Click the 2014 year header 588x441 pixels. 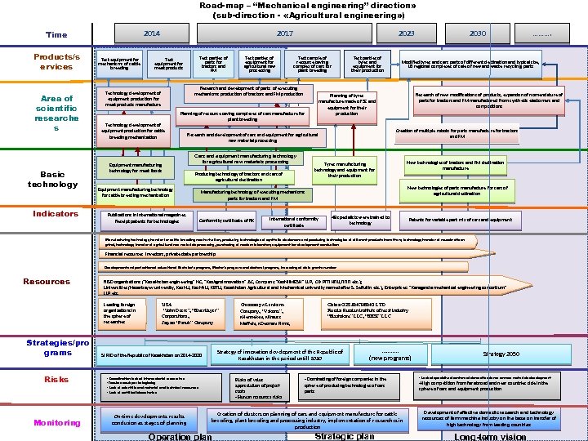tap(151, 33)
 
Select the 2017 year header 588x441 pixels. tap(284, 33)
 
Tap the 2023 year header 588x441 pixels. tap(406, 33)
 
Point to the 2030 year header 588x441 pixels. tap(479, 33)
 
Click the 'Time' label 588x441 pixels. tap(56, 35)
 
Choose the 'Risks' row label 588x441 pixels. tap(56, 380)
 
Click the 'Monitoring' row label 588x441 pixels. tap(56, 423)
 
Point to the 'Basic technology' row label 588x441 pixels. tap(53, 179)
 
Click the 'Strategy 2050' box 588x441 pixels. tap(501, 354)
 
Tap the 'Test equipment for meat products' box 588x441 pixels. tap(168, 63)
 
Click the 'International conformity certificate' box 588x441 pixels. tap(293, 221)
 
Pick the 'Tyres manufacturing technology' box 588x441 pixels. tap(345, 169)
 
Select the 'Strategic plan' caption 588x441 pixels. tap(344, 436)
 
